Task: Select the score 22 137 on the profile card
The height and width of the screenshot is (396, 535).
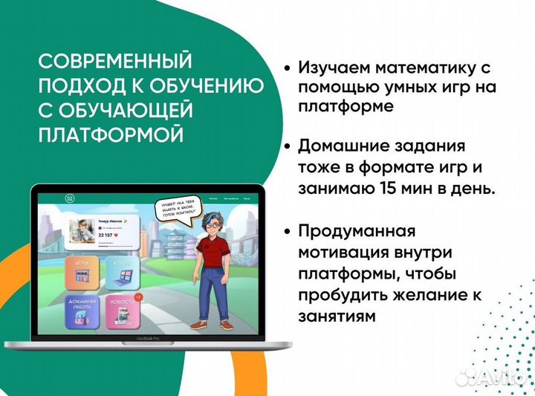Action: (x=108, y=235)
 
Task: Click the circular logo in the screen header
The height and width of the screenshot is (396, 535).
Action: (x=69, y=198)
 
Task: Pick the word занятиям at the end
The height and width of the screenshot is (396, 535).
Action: (x=335, y=315)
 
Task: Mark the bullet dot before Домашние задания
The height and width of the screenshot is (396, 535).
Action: (x=287, y=146)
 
